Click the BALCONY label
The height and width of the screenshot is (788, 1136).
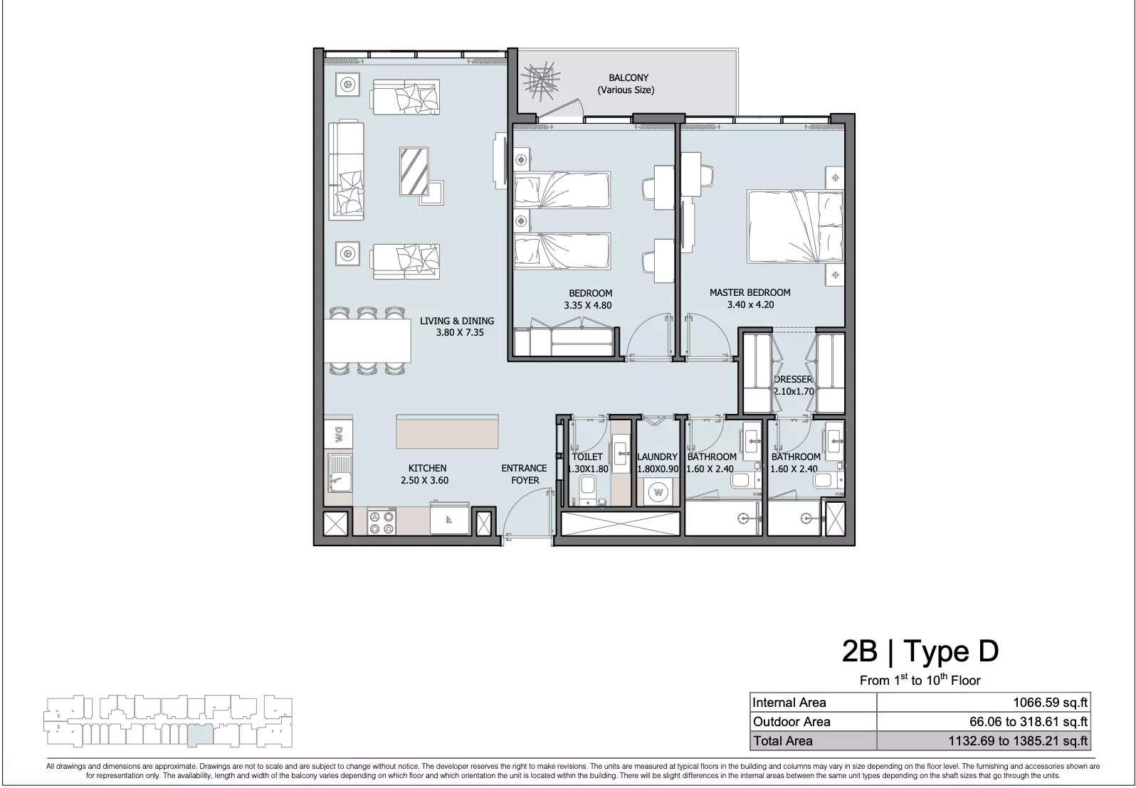(629, 78)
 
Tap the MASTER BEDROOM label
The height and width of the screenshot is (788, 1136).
(750, 292)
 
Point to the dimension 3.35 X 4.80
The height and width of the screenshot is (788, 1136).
(588, 305)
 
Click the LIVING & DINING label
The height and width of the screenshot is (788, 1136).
(456, 321)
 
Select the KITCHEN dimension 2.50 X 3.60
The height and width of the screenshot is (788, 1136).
(424, 480)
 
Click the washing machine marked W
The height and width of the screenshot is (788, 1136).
(658, 492)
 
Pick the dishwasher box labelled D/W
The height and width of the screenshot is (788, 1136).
(338, 434)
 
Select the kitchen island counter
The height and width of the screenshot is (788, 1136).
(447, 431)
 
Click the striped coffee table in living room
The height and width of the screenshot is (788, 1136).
(414, 171)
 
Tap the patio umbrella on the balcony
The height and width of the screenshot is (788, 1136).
(541, 82)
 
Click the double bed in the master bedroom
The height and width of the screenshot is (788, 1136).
(794, 227)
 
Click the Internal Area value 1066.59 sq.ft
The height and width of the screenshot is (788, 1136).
(1051, 703)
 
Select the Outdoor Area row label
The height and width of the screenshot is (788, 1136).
(791, 722)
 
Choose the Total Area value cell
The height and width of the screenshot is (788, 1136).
(984, 741)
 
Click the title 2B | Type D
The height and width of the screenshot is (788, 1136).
(920, 651)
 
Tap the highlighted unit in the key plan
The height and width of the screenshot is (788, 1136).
(200, 735)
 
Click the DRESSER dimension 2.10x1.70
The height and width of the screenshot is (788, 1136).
(794, 391)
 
